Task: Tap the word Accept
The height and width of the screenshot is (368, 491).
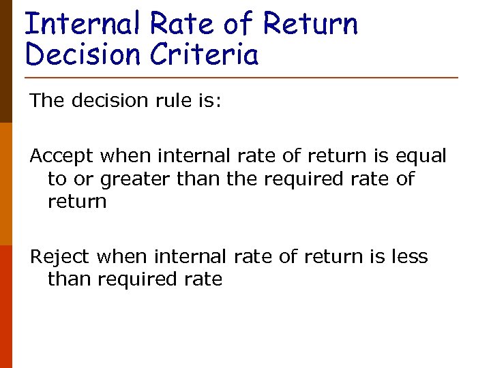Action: click(x=62, y=157)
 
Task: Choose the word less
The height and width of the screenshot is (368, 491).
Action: click(x=410, y=257)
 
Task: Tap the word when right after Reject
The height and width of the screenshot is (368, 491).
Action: click(x=123, y=257)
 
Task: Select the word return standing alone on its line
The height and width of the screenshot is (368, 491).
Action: click(x=77, y=202)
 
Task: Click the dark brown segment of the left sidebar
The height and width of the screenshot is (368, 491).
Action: click(x=5, y=61)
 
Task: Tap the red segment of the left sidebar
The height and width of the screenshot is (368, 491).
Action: click(x=5, y=307)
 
